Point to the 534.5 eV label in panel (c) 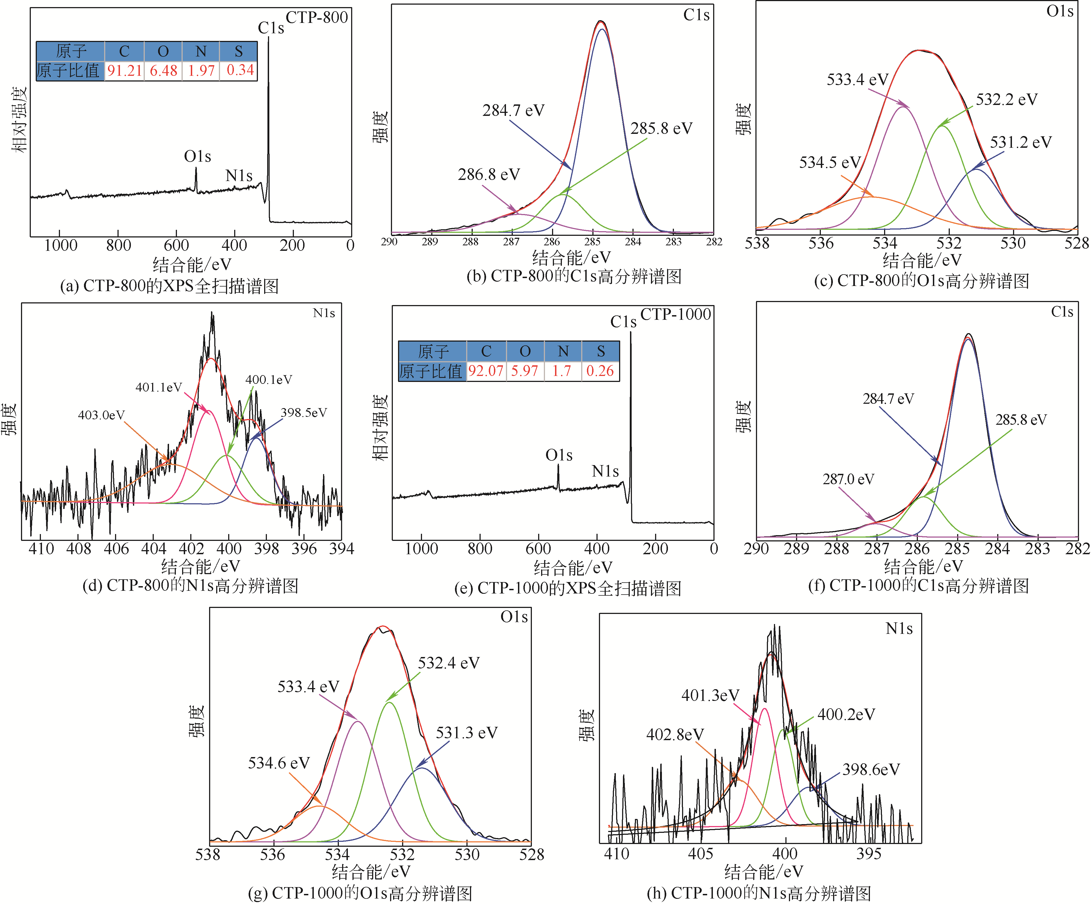coord(830,162)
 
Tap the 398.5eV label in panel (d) coord(304,412)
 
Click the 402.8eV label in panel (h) coord(675,735)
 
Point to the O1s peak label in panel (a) coord(197,156)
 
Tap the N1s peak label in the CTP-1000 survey coord(605,471)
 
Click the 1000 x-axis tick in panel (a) coord(60,245)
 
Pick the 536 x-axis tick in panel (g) coord(273,855)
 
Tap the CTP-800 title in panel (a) coord(317,17)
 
